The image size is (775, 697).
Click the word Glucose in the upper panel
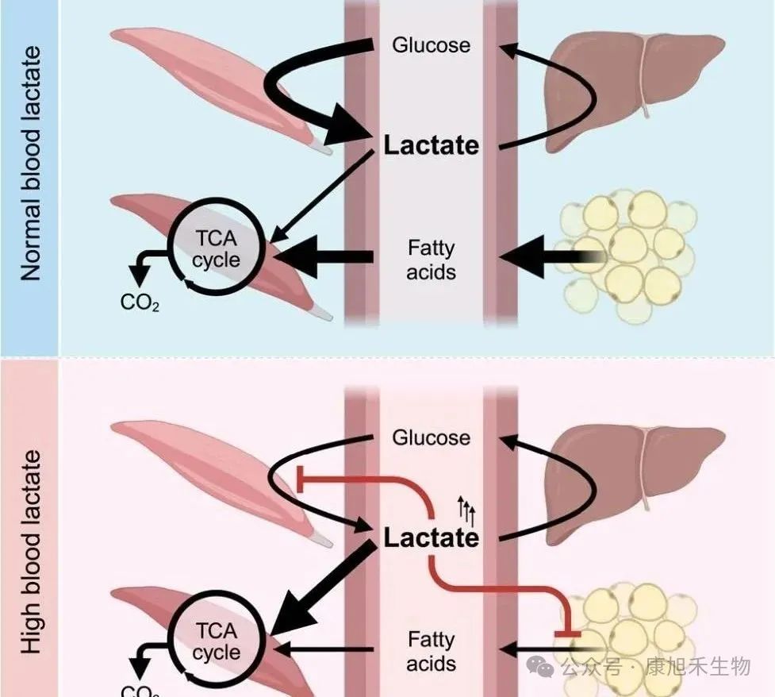[431, 44]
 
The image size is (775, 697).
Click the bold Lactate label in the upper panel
[431, 145]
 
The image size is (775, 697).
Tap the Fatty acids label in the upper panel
[431, 260]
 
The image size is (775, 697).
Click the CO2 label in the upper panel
[140, 302]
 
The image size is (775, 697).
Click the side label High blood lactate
[30, 552]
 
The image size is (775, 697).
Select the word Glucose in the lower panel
[431, 437]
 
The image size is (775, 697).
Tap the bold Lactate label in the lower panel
[431, 538]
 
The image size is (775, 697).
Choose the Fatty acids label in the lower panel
[431, 651]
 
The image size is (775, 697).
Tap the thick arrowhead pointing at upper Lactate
[354, 139]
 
